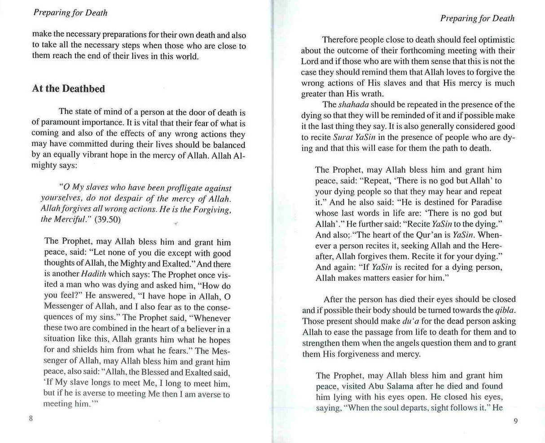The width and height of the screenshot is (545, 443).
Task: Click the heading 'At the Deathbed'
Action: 68,89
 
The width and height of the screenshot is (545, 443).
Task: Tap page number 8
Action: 31,418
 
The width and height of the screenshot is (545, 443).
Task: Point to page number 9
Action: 515,421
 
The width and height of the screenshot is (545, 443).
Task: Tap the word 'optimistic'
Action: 493,40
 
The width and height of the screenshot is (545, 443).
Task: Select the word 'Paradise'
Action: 483,202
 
